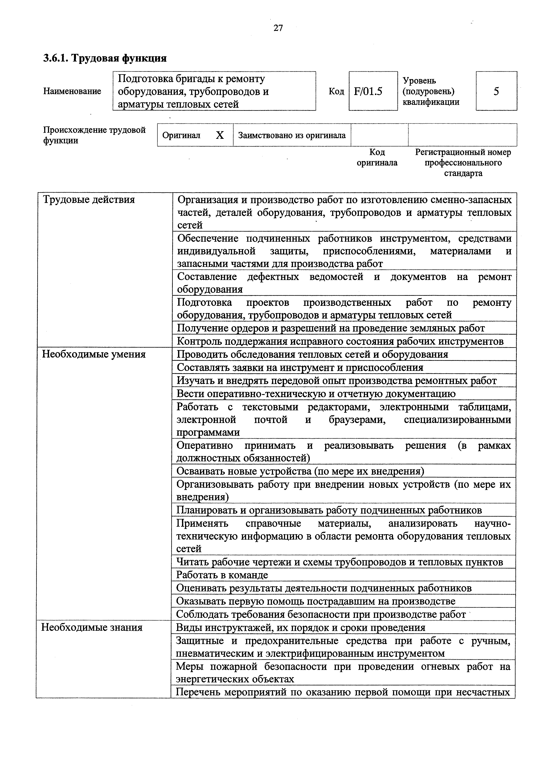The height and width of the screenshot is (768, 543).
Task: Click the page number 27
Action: coord(278,28)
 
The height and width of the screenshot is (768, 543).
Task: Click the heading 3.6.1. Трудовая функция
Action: coord(105,58)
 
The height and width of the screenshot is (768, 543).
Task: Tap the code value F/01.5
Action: coord(368,91)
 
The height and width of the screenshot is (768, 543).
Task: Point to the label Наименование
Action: coord(72,91)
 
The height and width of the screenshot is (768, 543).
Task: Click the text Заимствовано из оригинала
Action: coord(292,135)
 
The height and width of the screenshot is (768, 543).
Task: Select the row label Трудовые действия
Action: coord(89,200)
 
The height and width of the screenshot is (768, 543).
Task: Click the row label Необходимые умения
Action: coord(94,354)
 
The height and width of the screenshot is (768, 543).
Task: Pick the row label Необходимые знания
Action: coord(92,627)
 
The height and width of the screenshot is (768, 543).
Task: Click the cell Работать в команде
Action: coord(222,575)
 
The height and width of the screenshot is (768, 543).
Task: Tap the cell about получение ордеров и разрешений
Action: coord(331,328)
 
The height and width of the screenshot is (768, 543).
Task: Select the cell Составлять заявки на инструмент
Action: coord(300,368)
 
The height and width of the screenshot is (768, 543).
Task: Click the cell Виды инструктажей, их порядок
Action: coord(300,627)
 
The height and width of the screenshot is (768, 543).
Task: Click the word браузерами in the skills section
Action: coord(357,419)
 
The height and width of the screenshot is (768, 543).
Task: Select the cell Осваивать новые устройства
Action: coord(300,471)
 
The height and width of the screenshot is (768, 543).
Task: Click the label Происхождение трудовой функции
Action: coord(94,135)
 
